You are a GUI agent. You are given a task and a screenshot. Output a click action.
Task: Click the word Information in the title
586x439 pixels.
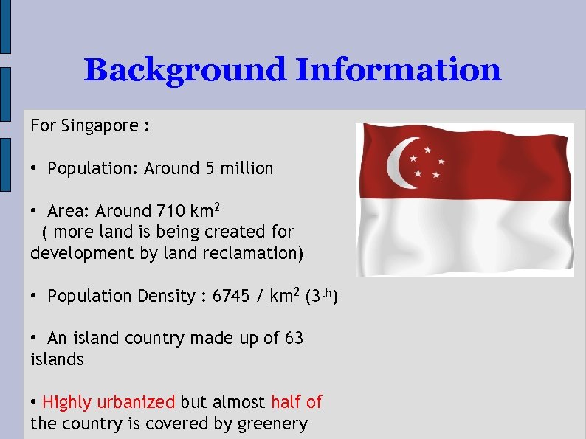pos(398,71)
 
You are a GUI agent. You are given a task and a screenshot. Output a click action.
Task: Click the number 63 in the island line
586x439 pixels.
pos(294,338)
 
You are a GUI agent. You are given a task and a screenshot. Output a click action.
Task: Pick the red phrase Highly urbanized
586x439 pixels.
pos(108,402)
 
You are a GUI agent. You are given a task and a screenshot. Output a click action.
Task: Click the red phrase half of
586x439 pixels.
pos(296,402)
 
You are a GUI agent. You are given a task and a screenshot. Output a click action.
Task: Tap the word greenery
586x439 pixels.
pos(272,424)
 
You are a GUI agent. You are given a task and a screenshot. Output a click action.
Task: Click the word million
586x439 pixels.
pos(247,168)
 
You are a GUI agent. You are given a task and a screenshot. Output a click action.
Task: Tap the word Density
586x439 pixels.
pos(166,296)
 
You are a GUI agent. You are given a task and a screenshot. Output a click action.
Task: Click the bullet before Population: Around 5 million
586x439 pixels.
pos(35,169)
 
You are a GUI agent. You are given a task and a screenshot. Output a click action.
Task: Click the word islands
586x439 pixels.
pos(58,359)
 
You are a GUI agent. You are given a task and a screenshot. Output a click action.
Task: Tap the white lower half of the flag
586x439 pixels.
pos(465,236)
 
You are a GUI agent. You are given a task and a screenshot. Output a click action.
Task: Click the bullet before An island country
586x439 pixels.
pos(35,339)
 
